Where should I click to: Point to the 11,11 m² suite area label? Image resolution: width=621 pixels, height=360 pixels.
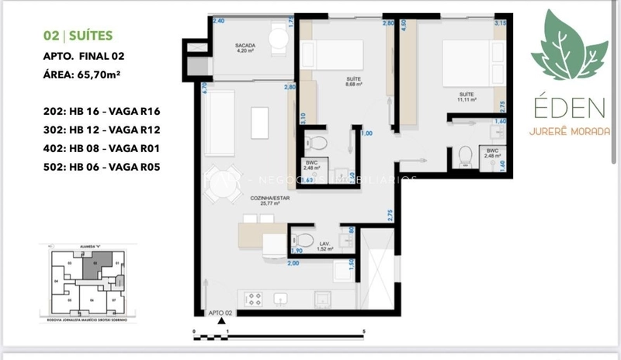click(x=466, y=97)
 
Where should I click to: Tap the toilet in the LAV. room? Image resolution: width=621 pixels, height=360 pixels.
click(x=304, y=238)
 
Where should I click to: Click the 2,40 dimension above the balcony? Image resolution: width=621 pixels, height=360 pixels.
click(x=218, y=21)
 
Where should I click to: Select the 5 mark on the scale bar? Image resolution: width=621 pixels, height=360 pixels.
click(x=363, y=332)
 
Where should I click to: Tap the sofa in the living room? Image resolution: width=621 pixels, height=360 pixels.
click(x=223, y=112)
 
